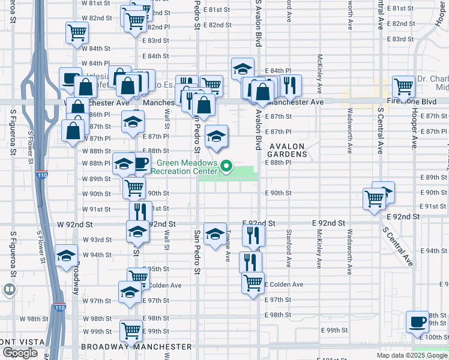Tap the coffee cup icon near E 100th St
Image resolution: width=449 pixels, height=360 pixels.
click(417, 321)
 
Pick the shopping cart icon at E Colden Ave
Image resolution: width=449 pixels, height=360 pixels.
click(253, 282)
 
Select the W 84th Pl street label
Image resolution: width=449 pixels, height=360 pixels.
click(97, 63)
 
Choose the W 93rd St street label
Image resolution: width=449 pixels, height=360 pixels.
click(96, 239)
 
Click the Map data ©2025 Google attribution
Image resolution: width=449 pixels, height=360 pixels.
click(412, 355)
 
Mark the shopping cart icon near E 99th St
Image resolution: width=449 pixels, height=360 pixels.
click(131, 329)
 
